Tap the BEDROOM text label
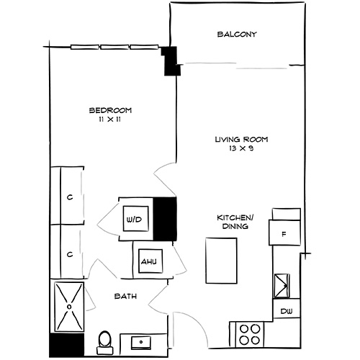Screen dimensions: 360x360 pos(110,110)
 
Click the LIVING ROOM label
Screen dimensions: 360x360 pos(235,139)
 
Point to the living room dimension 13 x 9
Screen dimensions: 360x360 pos(235,149)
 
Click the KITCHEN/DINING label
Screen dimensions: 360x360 pos(235,221)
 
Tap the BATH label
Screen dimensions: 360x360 pos(125,296)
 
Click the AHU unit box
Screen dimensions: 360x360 pos(149,261)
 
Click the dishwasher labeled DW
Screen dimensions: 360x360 pos(285,311)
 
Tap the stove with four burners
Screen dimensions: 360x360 pos(249,335)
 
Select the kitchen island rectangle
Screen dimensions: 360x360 pos(221,261)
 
